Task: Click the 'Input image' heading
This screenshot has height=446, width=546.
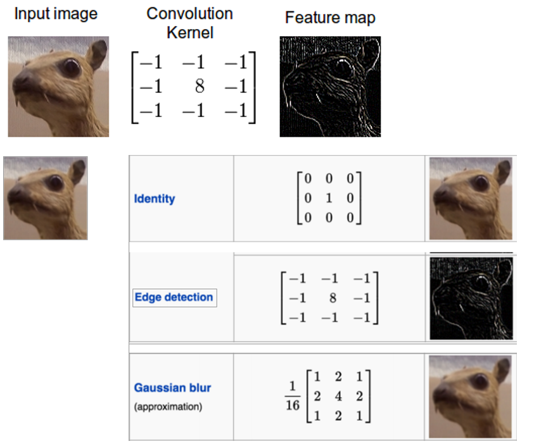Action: pyautogui.click(x=56, y=14)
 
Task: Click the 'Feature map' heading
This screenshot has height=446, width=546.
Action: pyautogui.click(x=329, y=17)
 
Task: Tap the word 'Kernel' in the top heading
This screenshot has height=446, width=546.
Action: pyautogui.click(x=189, y=32)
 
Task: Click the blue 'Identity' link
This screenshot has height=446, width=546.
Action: pyautogui.click(x=154, y=199)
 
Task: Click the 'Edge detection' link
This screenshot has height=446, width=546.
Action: pyautogui.click(x=174, y=297)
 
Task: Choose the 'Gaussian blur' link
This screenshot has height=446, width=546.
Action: pyautogui.click(x=172, y=387)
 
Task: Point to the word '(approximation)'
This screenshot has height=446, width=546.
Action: pyautogui.click(x=168, y=407)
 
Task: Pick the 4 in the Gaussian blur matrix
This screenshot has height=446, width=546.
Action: pyautogui.click(x=338, y=395)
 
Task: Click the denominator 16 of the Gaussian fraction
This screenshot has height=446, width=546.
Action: pyautogui.click(x=292, y=406)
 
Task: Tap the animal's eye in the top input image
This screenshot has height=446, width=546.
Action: pyautogui.click(x=70, y=67)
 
